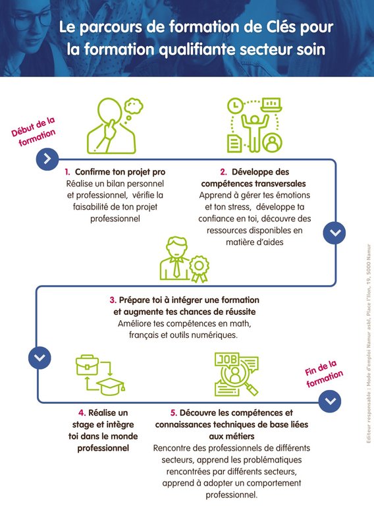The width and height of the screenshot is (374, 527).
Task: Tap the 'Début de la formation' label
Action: pyautogui.click(x=34, y=132)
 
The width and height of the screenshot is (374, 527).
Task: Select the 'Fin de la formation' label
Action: pyautogui.click(x=323, y=374)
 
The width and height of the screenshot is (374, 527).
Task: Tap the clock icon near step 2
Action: pyautogui.click(x=236, y=105)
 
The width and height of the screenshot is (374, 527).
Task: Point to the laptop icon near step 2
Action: pyautogui.click(x=271, y=105)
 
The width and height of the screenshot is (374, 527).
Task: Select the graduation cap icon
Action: pyautogui.click(x=111, y=386)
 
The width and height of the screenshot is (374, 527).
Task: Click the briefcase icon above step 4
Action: pyautogui.click(x=87, y=366)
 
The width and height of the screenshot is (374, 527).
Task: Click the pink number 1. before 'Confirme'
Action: pyautogui.click(x=68, y=172)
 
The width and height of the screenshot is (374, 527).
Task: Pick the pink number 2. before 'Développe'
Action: pyautogui.click(x=223, y=172)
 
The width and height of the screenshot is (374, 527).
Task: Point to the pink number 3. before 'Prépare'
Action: pyautogui.click(x=113, y=300)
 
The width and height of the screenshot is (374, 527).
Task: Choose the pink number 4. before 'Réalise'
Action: pyautogui.click(x=82, y=413)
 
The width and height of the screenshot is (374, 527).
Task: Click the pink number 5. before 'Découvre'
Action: pyautogui.click(x=174, y=413)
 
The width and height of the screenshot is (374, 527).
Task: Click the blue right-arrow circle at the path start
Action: pyautogui.click(x=47, y=159)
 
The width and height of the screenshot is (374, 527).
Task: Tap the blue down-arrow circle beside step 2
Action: pyautogui.click(x=334, y=233)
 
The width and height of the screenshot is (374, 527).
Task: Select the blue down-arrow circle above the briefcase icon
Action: pyautogui.click(x=40, y=358)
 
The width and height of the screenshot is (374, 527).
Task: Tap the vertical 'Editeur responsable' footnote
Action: pyautogui.click(x=369, y=343)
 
